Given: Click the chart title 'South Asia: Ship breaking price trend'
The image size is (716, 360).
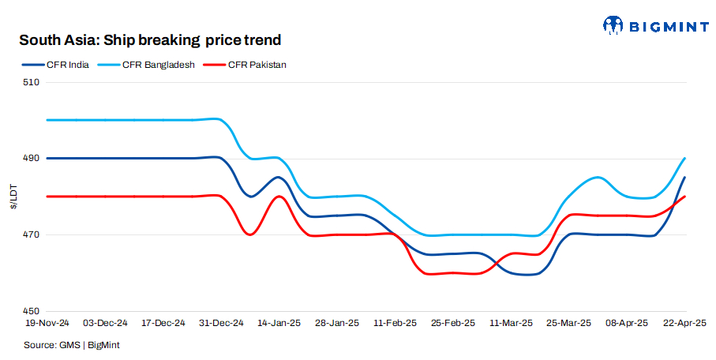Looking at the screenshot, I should point(150,39).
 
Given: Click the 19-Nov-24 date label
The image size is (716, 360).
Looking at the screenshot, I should point(48,324).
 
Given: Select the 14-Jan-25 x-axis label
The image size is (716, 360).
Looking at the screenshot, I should point(279,324).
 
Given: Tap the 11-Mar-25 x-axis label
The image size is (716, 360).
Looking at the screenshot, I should point(512,324).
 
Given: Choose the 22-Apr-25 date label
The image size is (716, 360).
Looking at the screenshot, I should point(684,324).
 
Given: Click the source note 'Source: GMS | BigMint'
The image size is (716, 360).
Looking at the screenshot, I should point(72,345).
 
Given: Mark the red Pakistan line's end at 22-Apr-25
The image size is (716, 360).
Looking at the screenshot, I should point(684,197).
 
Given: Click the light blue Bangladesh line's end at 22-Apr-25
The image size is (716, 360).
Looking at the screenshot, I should point(684,159).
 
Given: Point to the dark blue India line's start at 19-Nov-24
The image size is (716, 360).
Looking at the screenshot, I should point(48,158).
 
